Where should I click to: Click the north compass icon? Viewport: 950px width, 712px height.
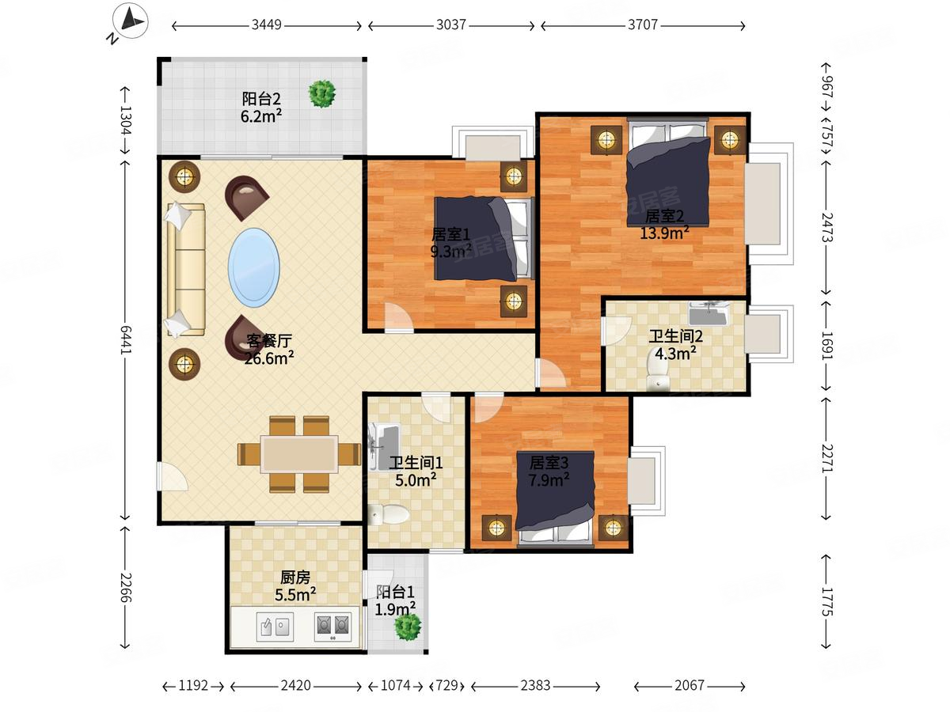pos(130,21)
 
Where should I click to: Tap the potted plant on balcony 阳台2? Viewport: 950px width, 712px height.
pos(321,93)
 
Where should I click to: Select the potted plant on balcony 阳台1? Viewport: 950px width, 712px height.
pos(408,626)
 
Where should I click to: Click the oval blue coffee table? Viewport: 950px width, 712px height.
pos(253,267)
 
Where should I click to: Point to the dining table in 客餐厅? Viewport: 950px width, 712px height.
pos(298,454)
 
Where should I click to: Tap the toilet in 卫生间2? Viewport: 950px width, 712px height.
pos(657,373)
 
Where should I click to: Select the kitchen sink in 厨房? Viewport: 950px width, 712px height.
pos(275,627)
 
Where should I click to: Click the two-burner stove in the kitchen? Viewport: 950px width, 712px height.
pos(332,627)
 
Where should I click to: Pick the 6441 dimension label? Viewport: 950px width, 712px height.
pos(126,339)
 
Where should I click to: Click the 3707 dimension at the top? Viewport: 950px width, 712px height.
pos(643,25)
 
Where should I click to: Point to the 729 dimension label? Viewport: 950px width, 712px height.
pos(447,686)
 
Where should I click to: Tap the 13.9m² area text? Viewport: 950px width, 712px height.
pos(664,233)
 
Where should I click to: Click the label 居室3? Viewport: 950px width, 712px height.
pos(549,463)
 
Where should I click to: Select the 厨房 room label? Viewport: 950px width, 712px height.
pos(295,578)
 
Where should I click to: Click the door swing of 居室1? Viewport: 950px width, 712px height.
pos(399,318)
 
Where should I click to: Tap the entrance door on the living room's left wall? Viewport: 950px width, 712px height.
pos(173,476)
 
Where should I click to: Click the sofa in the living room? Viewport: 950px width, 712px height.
pos(185,270)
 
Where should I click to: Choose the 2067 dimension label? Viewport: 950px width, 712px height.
pos(689,686)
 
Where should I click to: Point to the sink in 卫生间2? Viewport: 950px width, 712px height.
pos(709,314)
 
